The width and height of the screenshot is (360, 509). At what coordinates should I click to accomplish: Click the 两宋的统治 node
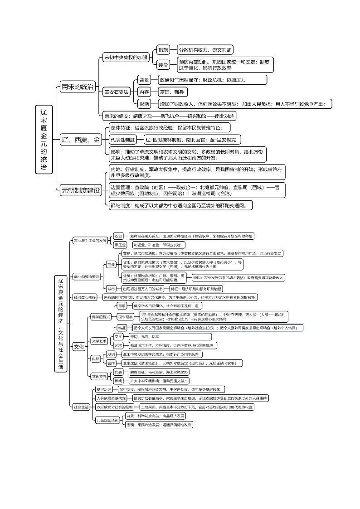[78, 87]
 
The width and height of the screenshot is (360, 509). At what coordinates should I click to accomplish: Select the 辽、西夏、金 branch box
[81, 140]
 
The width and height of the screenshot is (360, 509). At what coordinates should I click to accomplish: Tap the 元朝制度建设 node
[80, 191]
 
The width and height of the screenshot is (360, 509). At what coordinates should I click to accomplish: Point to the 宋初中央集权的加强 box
[126, 58]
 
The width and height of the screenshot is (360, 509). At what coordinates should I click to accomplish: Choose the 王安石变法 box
[117, 92]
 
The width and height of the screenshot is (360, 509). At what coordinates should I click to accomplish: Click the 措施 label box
[162, 50]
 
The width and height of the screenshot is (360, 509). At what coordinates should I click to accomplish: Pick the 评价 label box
[162, 65]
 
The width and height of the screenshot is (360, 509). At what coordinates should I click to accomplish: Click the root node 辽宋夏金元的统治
[44, 139]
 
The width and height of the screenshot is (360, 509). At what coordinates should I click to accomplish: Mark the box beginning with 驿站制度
[180, 205]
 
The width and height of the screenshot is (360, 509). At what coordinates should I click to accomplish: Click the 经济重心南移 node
[85, 297]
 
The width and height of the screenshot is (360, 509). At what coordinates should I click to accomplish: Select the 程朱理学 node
[125, 316]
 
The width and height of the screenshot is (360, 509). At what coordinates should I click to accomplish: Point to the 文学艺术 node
[99, 340]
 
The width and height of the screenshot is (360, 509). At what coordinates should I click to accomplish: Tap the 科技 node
[95, 358]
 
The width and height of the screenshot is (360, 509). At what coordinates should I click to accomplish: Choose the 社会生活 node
[81, 407]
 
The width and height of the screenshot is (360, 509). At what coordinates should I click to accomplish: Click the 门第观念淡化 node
[108, 420]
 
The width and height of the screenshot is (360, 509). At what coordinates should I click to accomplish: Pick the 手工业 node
[119, 245]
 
